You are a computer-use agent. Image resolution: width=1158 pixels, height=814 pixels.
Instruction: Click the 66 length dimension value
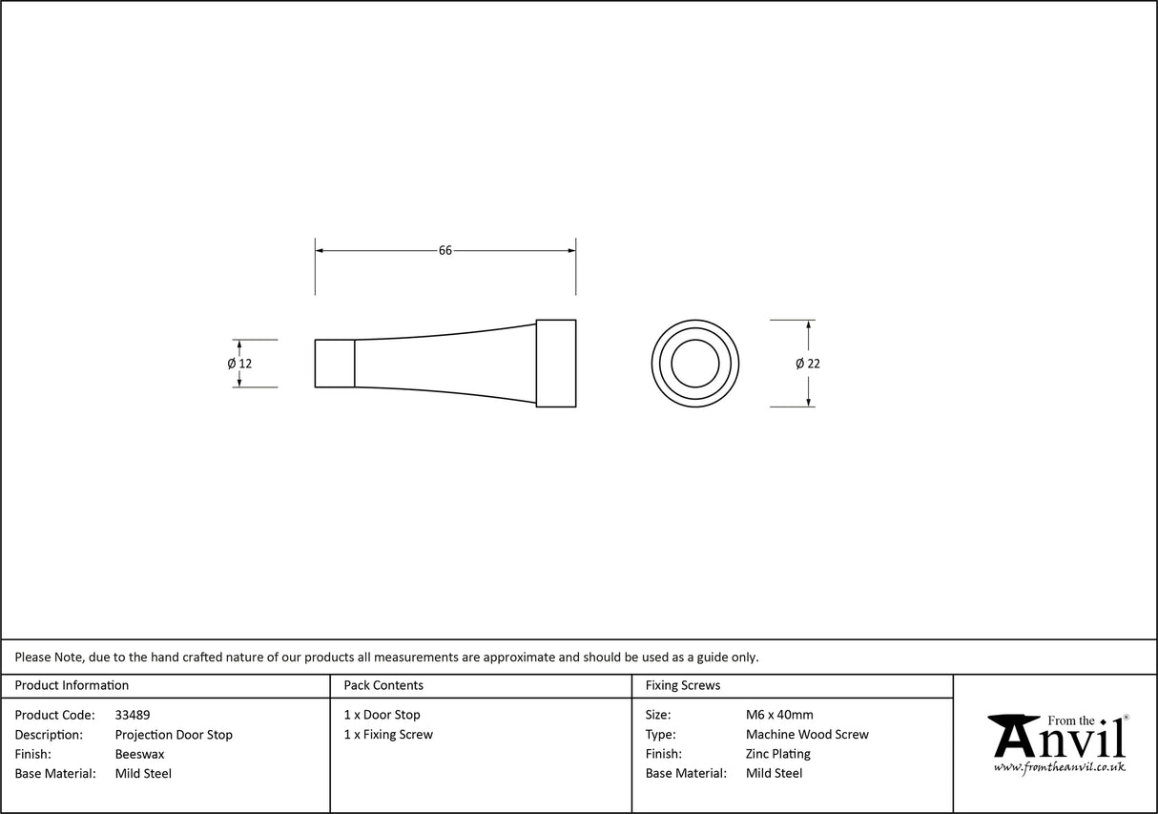point(445,251)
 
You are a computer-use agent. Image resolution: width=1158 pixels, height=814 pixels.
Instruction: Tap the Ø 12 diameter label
point(239,364)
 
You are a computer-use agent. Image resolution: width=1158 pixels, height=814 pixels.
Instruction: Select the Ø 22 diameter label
point(807,364)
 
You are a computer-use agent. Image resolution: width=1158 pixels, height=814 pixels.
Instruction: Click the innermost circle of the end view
point(694,364)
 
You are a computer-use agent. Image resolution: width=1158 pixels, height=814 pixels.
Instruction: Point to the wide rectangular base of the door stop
point(555,364)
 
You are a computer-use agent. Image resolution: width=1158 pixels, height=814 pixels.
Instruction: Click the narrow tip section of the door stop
point(335,364)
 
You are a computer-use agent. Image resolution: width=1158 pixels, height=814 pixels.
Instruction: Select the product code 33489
point(133,715)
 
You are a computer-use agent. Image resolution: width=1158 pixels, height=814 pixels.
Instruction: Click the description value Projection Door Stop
point(174,735)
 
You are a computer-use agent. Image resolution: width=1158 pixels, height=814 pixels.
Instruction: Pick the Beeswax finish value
point(139,754)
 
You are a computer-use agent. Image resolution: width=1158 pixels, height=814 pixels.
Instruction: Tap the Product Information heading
point(72,685)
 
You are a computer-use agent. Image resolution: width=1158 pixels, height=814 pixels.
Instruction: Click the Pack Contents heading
point(383,685)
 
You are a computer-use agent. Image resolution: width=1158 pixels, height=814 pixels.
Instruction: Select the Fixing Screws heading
point(683,685)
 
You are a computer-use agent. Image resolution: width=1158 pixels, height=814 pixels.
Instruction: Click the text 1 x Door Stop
point(382,715)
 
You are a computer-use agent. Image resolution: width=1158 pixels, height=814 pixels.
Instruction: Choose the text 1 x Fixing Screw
point(388,735)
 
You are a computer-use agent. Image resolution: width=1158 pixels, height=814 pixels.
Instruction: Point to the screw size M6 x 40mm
point(779,715)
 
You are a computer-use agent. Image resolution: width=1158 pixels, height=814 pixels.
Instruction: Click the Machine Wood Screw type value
point(807,735)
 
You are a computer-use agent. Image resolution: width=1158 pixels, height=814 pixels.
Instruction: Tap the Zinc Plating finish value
point(777,754)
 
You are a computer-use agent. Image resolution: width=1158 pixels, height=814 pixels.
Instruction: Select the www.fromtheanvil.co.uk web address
point(1059,767)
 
